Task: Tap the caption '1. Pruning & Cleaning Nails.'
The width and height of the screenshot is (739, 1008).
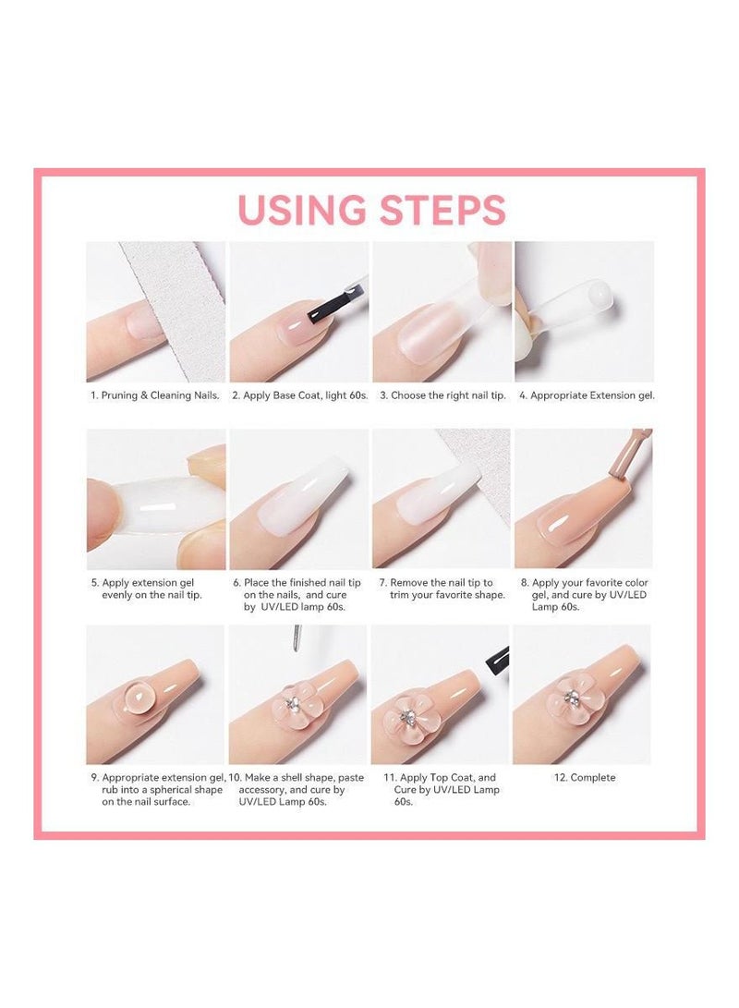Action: [x=155, y=395]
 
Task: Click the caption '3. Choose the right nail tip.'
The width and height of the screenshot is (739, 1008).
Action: [x=442, y=395]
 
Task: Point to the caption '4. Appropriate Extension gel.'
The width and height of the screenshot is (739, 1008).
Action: [x=587, y=395]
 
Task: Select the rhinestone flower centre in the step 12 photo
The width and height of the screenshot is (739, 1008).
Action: [x=571, y=696]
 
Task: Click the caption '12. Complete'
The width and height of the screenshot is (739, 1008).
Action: [x=585, y=777]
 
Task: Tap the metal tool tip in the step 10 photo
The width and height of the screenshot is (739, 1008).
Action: [x=297, y=638]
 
